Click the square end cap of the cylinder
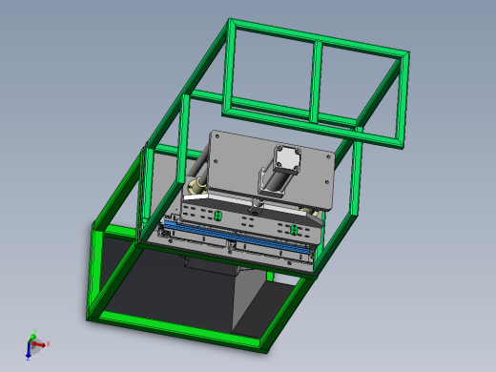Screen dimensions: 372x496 pos(288,157)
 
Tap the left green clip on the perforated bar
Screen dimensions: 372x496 pos(218,216)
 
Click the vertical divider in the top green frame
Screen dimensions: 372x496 pos(315,84)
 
